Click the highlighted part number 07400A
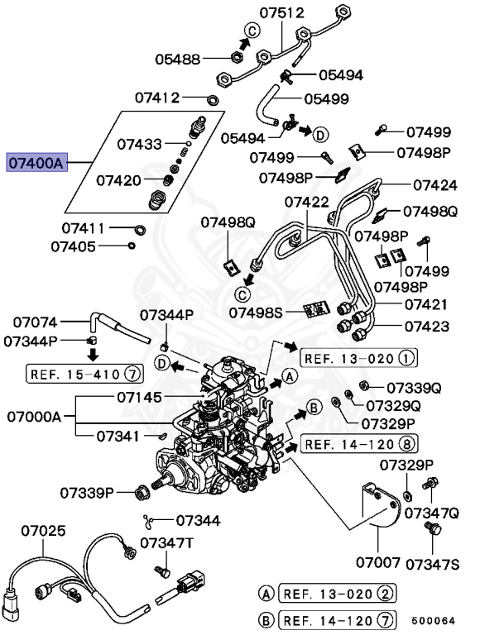point(36,163)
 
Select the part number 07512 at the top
point(281,13)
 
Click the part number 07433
point(139,143)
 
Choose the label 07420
point(118,179)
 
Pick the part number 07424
point(435,185)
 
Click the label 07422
point(307,202)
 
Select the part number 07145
point(139,397)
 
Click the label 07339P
point(86,493)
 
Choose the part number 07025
point(43,530)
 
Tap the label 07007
point(378,563)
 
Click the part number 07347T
point(166,543)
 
